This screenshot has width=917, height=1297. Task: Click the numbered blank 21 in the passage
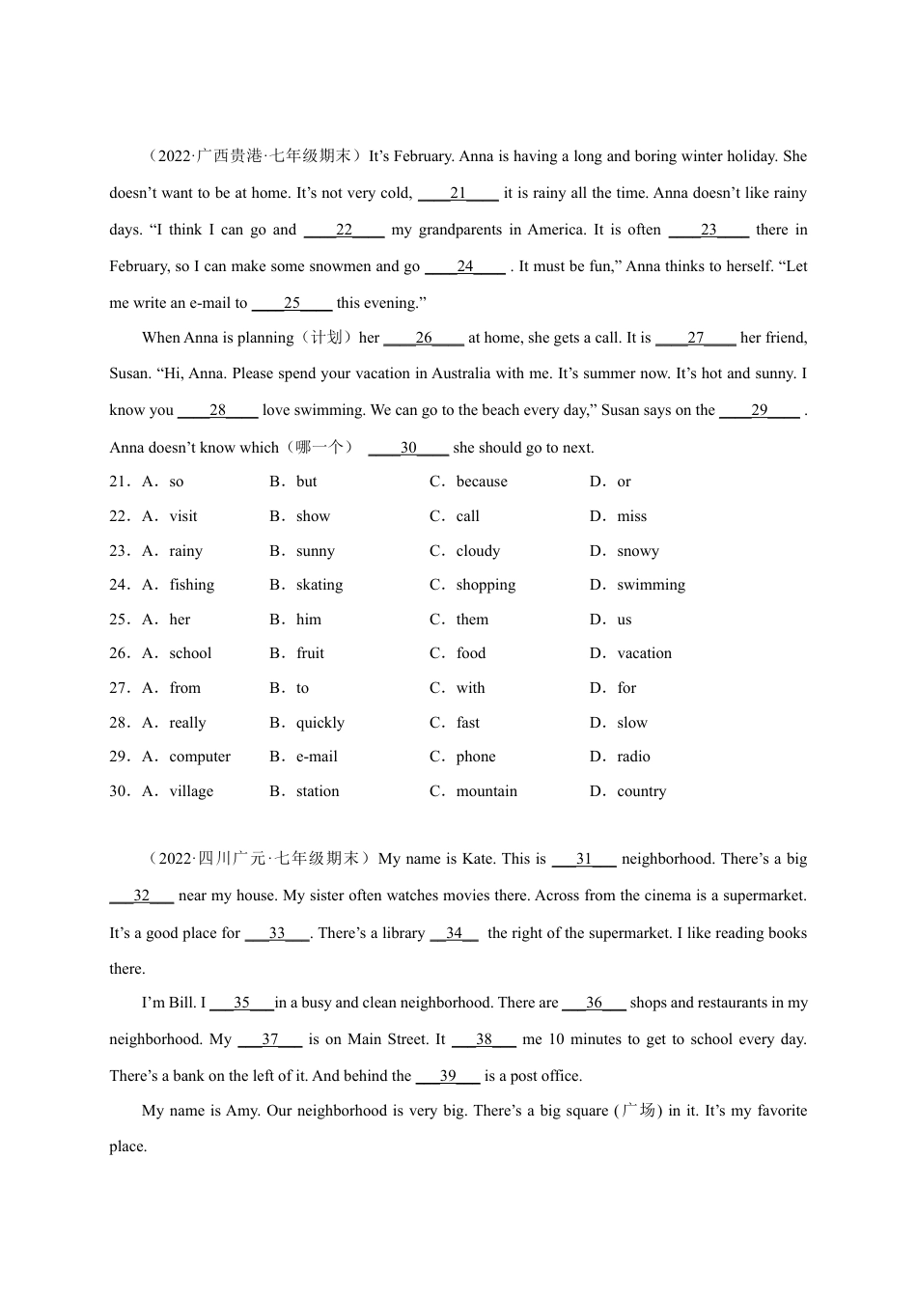458,193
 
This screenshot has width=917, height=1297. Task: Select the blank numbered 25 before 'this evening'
292,303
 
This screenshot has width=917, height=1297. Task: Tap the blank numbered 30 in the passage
408,448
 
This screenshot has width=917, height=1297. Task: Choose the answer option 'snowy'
638,551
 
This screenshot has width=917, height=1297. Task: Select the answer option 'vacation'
644,653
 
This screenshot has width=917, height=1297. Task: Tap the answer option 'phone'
476,757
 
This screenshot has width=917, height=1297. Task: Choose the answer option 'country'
641,791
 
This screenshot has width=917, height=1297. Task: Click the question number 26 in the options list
119,653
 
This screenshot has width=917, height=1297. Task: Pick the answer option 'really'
187,723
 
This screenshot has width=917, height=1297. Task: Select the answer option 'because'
482,482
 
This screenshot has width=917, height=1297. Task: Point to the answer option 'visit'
183,516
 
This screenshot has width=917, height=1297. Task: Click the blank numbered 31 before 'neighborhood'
584,859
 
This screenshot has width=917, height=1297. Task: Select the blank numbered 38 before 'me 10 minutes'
484,1039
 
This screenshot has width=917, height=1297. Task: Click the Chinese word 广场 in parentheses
638,1111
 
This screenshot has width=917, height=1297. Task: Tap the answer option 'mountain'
486,791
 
